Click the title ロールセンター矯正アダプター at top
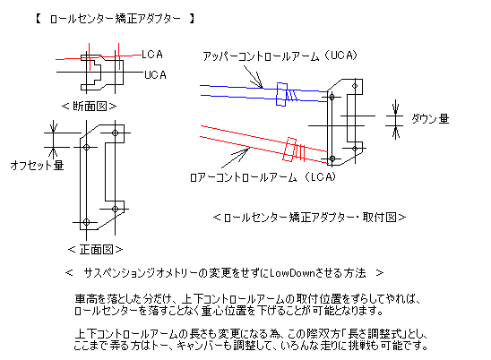116,19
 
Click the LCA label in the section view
152,55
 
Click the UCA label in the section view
155,75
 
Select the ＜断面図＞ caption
90,107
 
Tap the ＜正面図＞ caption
95,250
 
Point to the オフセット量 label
37,165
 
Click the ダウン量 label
430,119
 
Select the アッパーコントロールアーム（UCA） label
280,56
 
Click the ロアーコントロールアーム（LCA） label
263,177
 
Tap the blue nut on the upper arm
282,94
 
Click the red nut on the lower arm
289,150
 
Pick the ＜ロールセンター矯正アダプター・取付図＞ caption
309,217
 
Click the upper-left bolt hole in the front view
86,147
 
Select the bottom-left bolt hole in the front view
86,222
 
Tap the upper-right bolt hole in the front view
116,133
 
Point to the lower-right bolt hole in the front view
116,209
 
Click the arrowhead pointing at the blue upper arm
259,83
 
